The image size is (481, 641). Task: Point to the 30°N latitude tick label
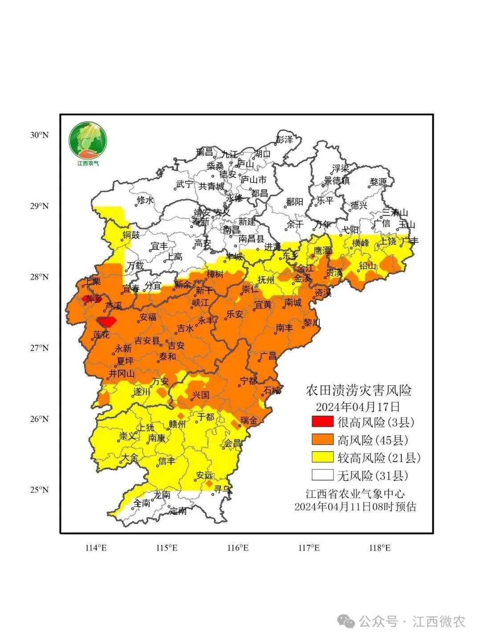coord(39,135)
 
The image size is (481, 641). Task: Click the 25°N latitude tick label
coord(39,490)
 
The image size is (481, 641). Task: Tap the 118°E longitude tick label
coord(379,548)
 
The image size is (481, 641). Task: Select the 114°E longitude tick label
coord(96,548)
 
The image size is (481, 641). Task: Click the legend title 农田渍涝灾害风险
coord(359,391)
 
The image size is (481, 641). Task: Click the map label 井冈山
coord(122,374)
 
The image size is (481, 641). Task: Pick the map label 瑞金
coord(248,420)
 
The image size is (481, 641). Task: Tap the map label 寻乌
coord(222,489)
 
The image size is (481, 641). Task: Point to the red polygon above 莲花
coord(107,321)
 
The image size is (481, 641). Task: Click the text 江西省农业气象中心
coord(355,494)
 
